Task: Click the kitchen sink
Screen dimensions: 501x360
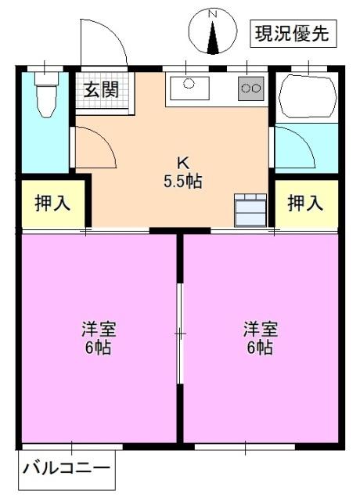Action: click(189, 85)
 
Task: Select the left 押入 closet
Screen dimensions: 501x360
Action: click(52, 204)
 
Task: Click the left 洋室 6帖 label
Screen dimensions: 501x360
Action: click(96, 337)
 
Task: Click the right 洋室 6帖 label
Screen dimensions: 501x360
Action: click(258, 337)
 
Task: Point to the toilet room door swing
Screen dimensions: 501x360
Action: click(94, 146)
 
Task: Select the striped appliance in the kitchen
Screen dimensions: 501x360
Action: click(250, 209)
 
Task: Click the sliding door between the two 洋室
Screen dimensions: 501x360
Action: click(179, 333)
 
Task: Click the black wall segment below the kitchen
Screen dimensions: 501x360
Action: click(180, 230)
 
